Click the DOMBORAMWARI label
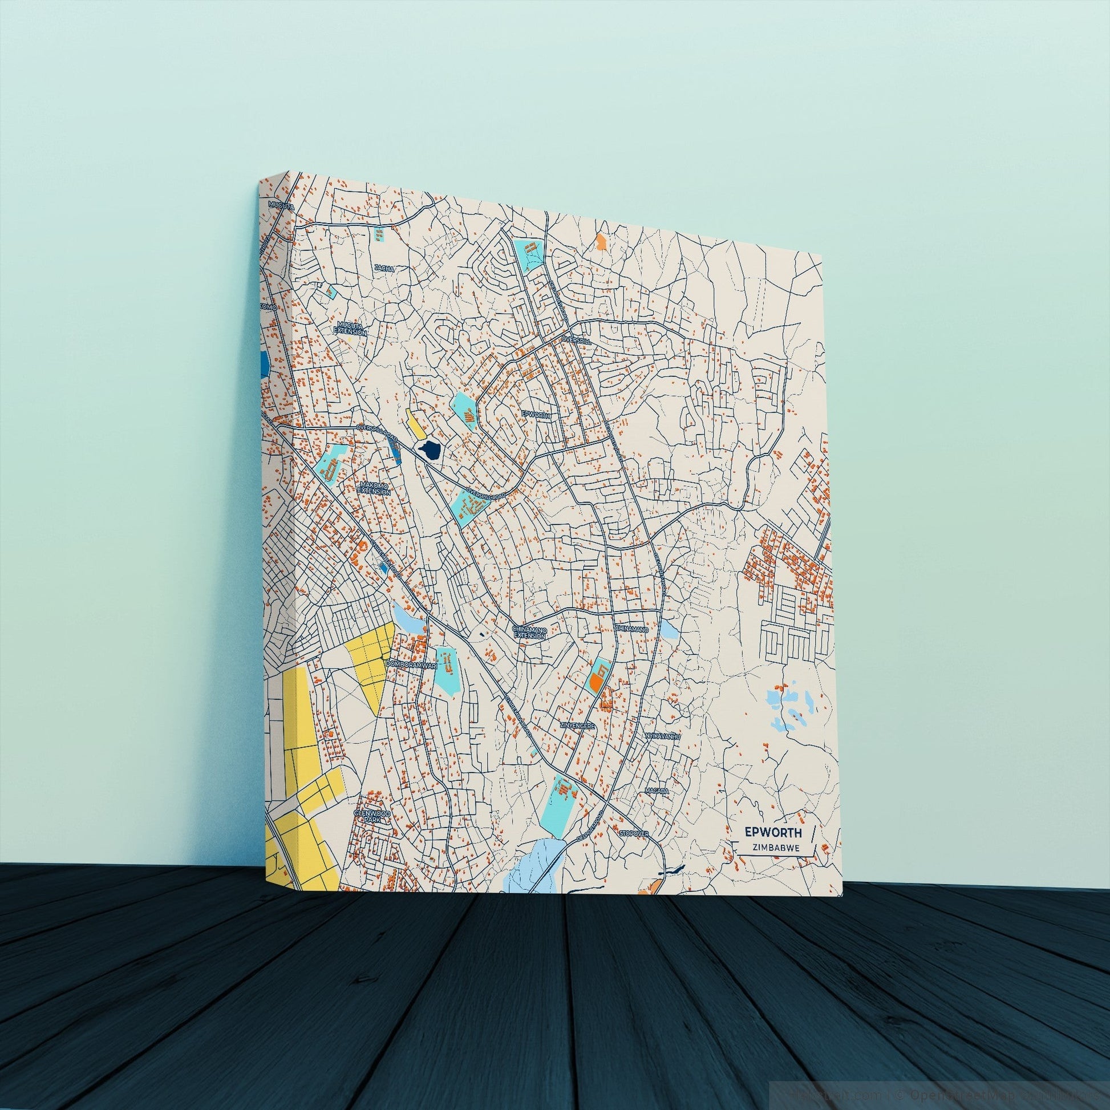(411, 663)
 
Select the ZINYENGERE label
(578, 726)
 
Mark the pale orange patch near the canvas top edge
(601, 240)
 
